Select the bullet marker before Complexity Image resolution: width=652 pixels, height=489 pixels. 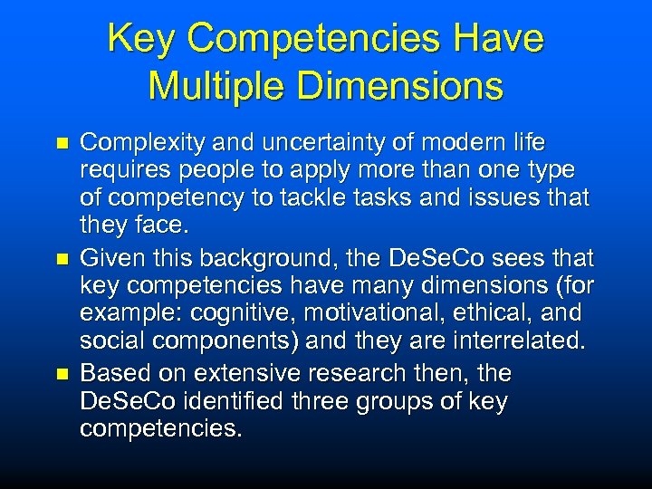[x=62, y=144]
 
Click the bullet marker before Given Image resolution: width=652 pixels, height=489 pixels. [x=62, y=260]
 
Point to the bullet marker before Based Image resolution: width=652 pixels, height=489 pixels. [x=62, y=374]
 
